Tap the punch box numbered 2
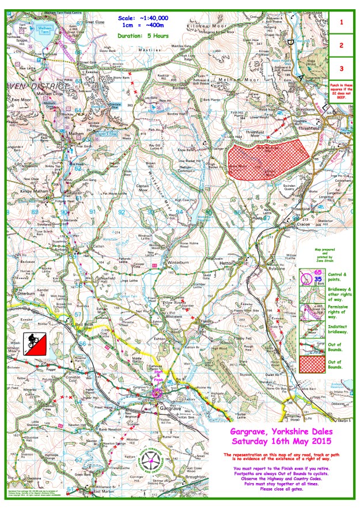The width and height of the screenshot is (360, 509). pos(341,45)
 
